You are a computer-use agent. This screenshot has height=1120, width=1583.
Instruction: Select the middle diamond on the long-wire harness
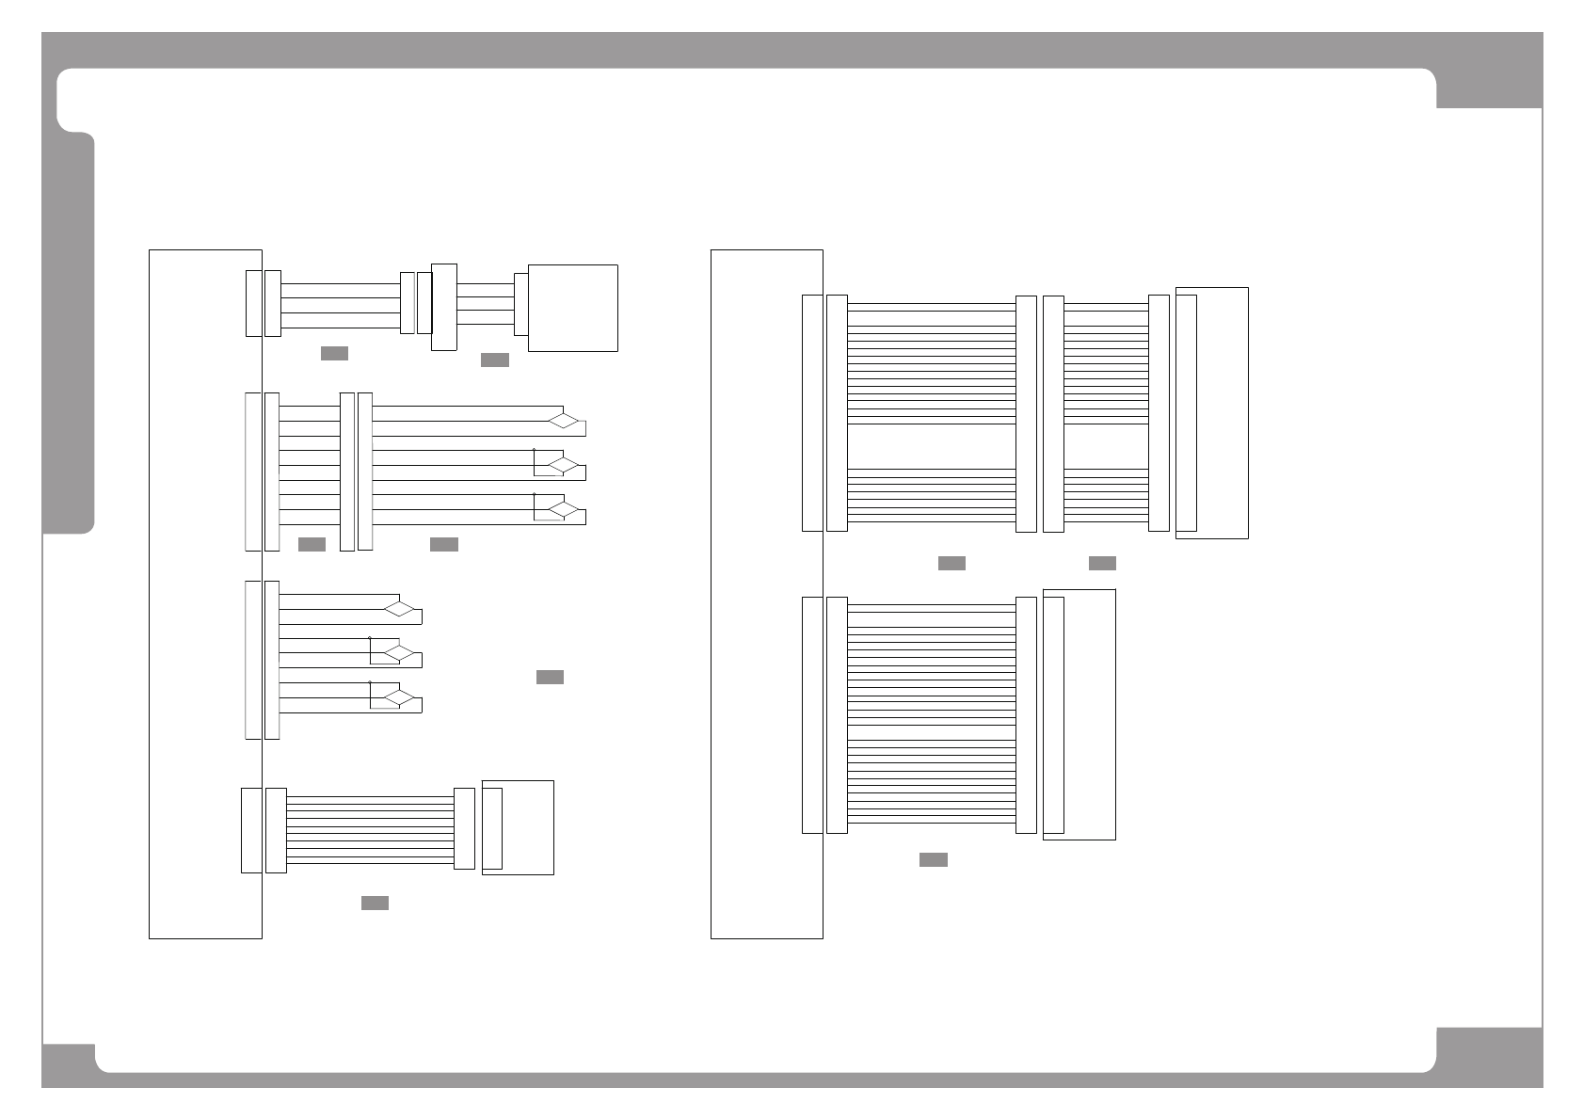tap(564, 465)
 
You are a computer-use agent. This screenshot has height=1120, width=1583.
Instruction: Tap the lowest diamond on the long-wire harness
tap(564, 509)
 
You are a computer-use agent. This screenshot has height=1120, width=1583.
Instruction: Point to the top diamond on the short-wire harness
tap(400, 608)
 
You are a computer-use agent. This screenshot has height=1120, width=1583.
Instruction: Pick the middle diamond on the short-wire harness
tap(400, 652)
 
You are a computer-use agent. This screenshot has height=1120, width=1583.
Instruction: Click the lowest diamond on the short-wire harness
tap(400, 697)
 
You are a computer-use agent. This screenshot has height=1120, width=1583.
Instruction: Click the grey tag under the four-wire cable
tap(334, 353)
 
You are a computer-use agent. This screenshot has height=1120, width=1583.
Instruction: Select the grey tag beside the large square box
tap(494, 360)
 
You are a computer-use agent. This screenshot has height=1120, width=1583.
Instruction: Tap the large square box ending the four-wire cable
tap(573, 308)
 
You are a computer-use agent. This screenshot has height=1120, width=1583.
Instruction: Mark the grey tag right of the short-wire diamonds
tap(550, 677)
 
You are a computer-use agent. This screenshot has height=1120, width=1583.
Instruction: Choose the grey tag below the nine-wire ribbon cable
tap(375, 904)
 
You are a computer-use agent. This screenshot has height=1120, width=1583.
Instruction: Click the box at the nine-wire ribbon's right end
tap(518, 827)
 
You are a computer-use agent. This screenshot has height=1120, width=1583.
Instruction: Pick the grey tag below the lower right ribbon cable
tap(933, 859)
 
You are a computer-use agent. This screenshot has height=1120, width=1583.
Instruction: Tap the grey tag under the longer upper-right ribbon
tap(951, 563)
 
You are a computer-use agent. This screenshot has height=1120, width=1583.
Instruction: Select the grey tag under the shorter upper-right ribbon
tap(1102, 563)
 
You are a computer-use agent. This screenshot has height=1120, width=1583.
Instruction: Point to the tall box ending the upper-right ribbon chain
tap(1212, 413)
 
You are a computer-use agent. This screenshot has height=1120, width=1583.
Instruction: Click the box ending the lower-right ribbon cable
tap(1079, 714)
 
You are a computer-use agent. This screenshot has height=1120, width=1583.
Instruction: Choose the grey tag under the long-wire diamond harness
tap(443, 544)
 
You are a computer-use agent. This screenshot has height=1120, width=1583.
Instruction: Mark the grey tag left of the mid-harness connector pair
tap(312, 544)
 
